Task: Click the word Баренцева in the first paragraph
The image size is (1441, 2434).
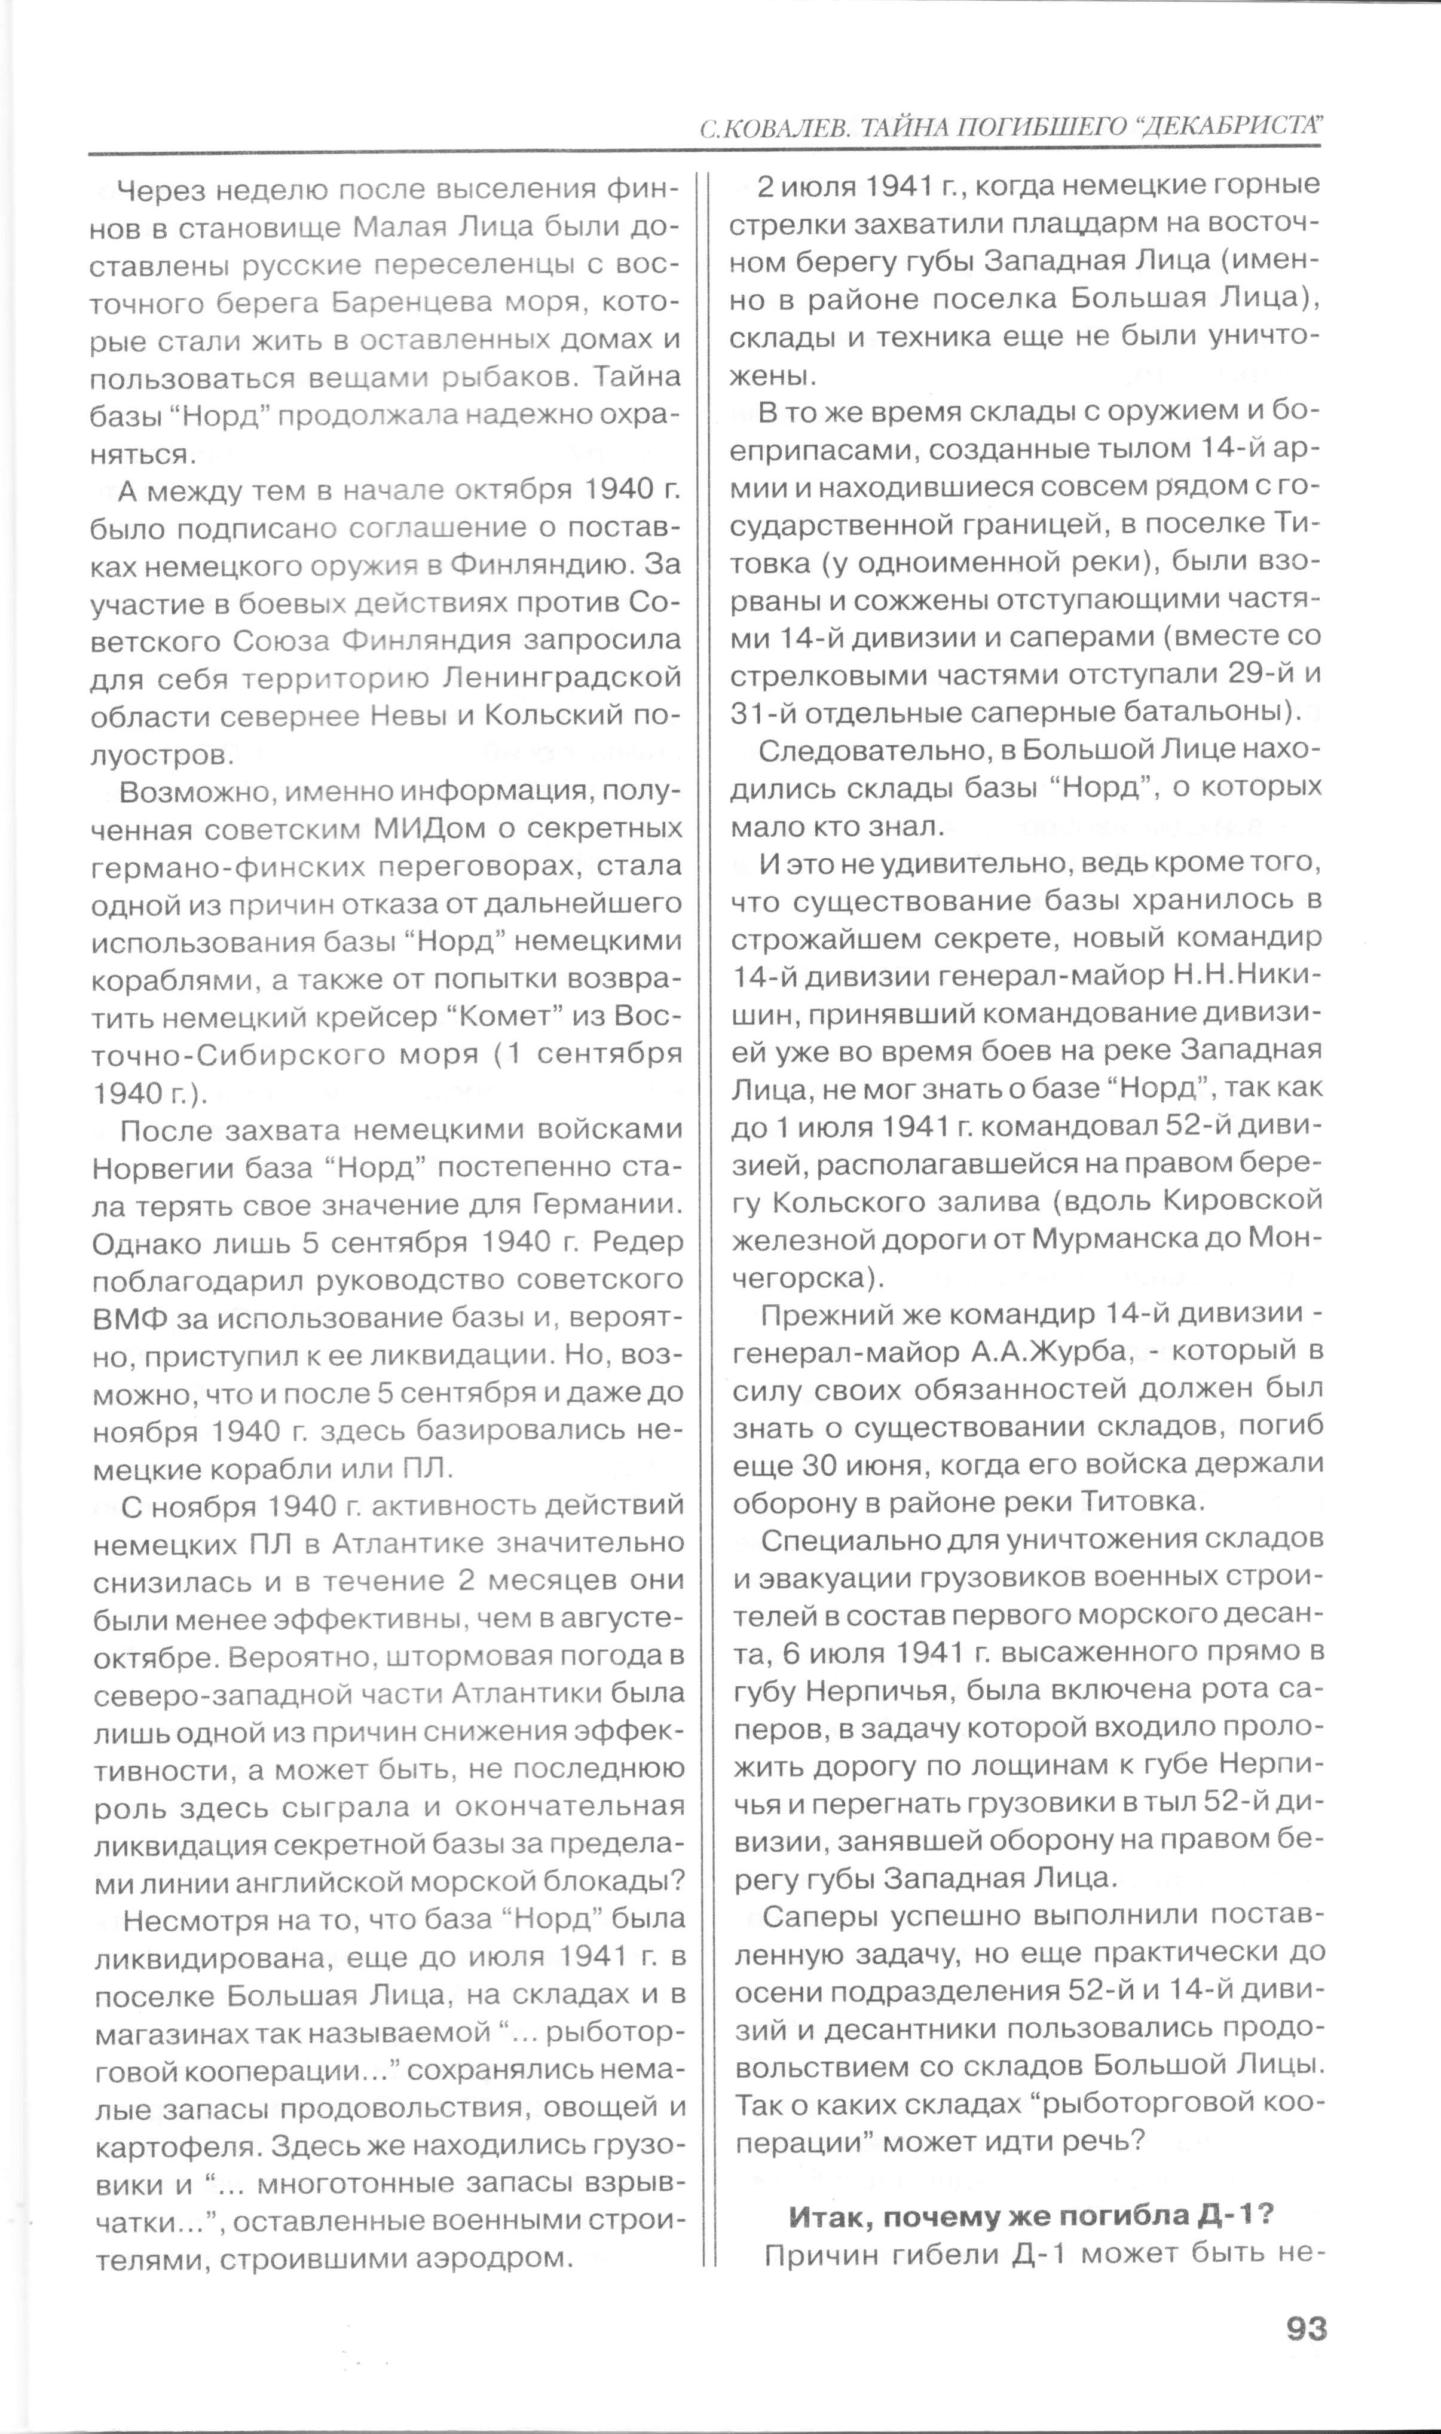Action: coord(412,303)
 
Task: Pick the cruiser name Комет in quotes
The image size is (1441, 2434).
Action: coord(508,1017)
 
